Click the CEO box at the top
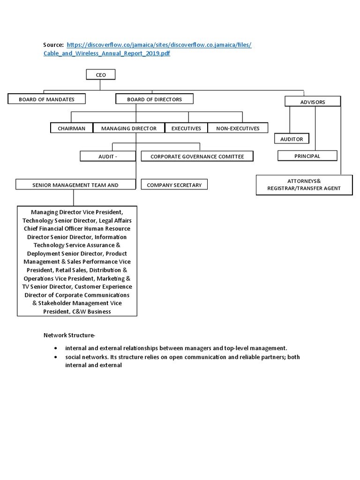(101, 75)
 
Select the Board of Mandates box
(47, 99)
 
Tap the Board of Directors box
(154, 99)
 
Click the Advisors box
(313, 102)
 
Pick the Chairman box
(71, 128)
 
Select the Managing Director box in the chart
(128, 128)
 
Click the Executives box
(186, 128)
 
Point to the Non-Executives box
(238, 128)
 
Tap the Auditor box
(292, 139)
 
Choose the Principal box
(307, 156)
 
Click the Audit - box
(107, 156)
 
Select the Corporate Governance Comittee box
(197, 156)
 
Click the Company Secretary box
(174, 185)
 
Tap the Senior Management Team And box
(75, 185)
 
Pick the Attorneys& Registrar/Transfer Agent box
(304, 185)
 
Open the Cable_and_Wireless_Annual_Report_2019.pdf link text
(107, 54)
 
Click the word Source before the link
(53, 45)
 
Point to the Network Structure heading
(69, 335)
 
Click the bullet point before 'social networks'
(56, 357)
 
